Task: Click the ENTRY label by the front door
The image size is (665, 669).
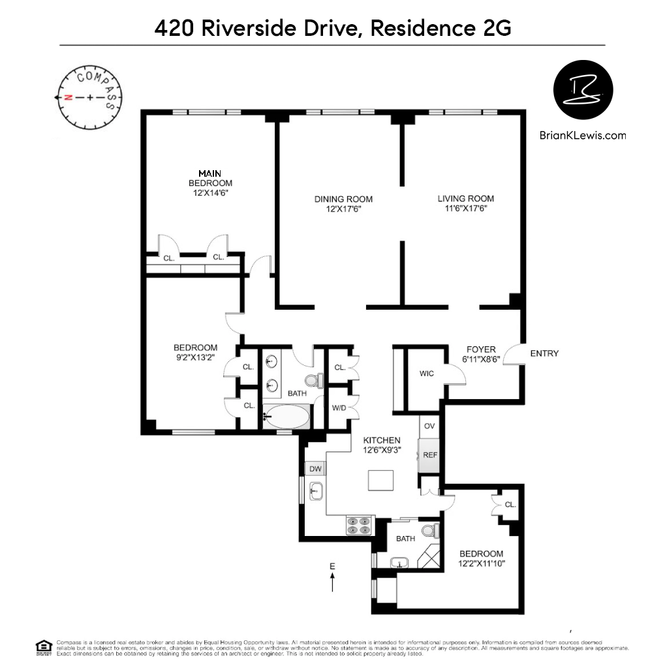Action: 544,353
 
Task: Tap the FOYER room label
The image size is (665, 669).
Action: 481,349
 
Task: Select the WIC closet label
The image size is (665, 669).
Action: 427,374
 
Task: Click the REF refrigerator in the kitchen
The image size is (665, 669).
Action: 429,455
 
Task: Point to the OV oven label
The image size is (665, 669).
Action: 429,426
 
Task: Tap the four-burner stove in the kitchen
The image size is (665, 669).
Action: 359,526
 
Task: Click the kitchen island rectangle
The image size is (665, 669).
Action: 382,481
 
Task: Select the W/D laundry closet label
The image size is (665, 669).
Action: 339,408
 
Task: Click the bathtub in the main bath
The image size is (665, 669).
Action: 287,417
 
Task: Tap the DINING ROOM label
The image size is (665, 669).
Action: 343,199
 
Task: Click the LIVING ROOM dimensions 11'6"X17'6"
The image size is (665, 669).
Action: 466,209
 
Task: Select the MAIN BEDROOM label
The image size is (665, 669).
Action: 210,178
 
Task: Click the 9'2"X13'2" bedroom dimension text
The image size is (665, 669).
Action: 195,357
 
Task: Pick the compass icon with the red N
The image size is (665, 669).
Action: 89,97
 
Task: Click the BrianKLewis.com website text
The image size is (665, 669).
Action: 583,136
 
